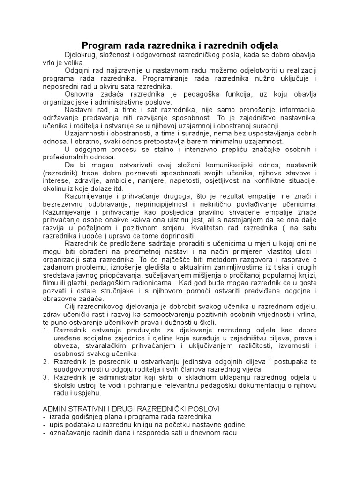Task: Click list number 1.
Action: pyautogui.click(x=45, y=330)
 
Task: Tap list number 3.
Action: pyautogui.click(x=45, y=378)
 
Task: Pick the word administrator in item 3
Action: pyautogui.click(x=112, y=378)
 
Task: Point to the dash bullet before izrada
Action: pyautogui.click(x=44, y=417)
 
